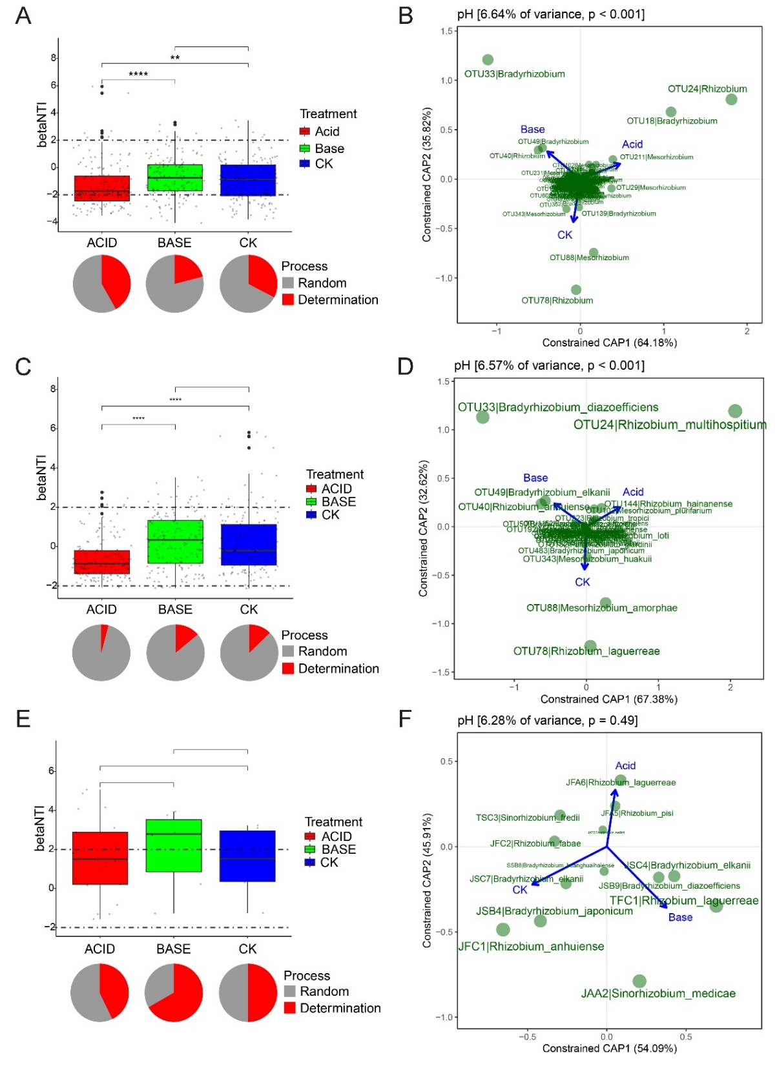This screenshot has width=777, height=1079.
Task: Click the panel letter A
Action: click(23, 15)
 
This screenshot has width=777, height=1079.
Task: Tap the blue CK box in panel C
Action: click(249, 545)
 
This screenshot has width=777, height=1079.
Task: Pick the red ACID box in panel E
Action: click(100, 858)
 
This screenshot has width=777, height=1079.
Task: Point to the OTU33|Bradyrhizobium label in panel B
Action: click(514, 74)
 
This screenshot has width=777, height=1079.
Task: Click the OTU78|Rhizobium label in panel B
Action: click(557, 301)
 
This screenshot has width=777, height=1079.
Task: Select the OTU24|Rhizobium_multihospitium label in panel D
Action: click(670, 425)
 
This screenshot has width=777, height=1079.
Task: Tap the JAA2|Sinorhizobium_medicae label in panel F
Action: click(658, 994)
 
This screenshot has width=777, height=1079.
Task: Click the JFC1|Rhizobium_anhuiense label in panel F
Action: click(531, 947)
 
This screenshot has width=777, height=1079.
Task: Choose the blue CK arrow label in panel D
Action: click(582, 582)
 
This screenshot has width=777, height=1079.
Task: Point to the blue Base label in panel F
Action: click(680, 918)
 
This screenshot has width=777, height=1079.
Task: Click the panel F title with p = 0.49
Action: click(547, 720)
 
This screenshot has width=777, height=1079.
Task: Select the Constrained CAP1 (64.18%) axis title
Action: click(609, 343)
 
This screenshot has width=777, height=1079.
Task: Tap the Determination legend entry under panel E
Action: click(340, 1008)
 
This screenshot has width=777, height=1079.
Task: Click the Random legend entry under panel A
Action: click(322, 283)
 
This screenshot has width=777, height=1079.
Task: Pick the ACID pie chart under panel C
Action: click(101, 652)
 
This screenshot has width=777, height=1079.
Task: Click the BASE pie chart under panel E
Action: click(174, 993)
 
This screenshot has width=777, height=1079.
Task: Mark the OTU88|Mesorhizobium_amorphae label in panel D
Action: click(601, 608)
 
